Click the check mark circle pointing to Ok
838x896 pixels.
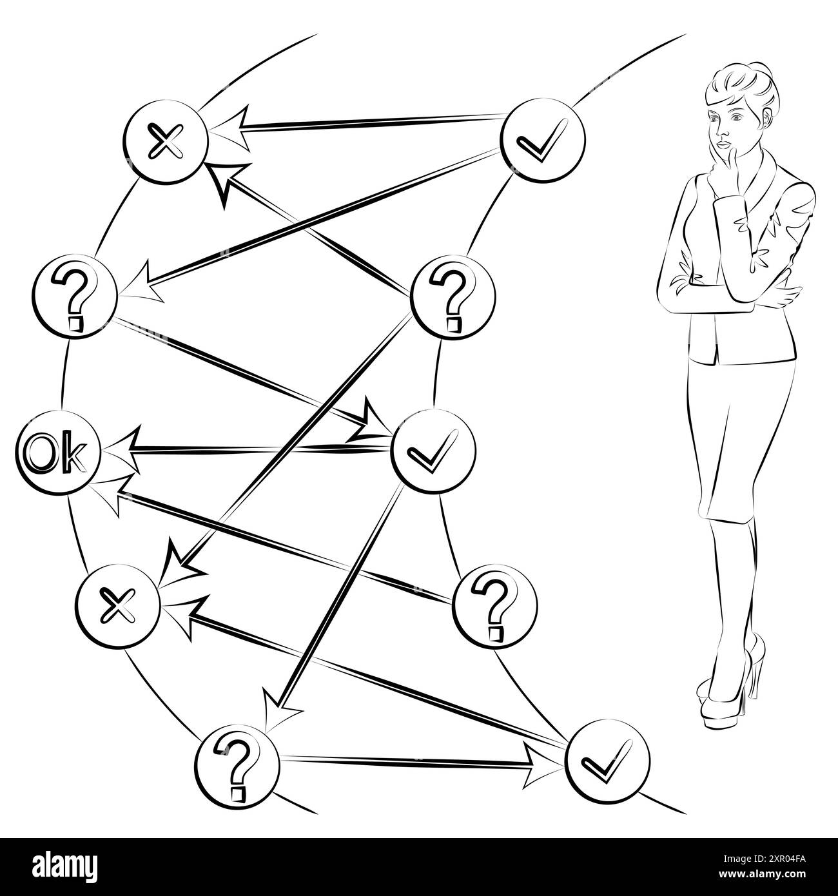point(434,449)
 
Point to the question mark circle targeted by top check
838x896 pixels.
point(75,295)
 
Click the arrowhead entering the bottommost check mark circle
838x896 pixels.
point(538,765)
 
